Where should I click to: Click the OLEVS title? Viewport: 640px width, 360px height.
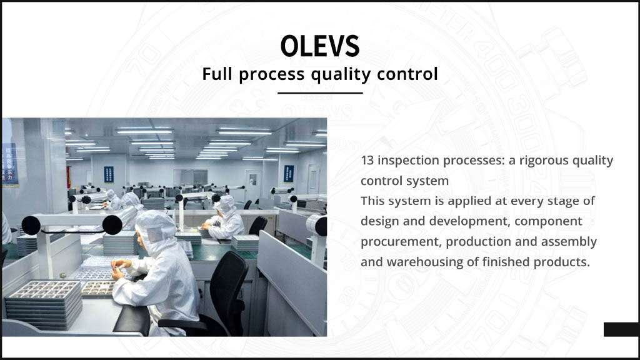[x=319, y=46]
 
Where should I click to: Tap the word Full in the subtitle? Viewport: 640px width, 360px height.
[x=217, y=74]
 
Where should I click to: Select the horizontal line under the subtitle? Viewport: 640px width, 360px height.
[x=320, y=93]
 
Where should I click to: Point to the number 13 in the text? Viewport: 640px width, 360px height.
[x=367, y=161]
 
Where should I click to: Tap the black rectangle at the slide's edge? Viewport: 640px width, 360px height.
[x=622, y=329]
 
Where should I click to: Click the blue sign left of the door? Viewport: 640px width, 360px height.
[x=109, y=174]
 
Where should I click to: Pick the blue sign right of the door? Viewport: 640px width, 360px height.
[x=289, y=174]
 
